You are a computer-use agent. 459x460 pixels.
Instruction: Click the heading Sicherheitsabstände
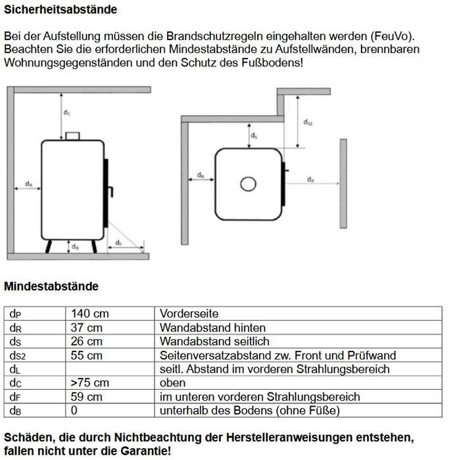60,10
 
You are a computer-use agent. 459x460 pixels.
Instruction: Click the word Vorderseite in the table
189,314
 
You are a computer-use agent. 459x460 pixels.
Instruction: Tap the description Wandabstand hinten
212,328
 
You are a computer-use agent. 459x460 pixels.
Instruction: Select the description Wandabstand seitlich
214,342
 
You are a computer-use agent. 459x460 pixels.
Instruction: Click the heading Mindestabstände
51,287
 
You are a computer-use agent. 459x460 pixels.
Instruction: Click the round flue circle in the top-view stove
248,183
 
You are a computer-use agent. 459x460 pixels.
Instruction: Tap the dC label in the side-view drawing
67,113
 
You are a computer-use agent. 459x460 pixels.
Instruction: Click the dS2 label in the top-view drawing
308,122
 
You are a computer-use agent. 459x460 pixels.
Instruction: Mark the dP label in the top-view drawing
310,179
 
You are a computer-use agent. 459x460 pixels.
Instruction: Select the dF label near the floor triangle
118,243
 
